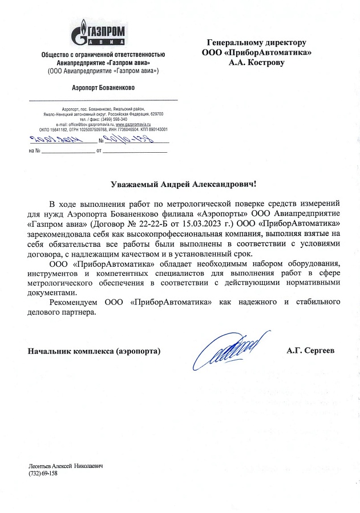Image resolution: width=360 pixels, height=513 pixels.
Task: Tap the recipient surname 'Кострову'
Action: point(269,63)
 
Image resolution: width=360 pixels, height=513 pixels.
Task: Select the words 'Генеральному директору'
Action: point(257,43)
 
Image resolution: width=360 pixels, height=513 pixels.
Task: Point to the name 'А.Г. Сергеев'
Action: point(311,351)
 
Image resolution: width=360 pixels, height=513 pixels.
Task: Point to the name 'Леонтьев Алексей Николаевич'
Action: point(65,466)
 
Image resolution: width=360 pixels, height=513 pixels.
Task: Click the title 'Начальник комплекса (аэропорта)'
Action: point(94,351)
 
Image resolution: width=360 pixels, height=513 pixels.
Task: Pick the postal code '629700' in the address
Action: point(156,115)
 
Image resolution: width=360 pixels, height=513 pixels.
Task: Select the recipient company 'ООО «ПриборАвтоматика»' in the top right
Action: point(257,52)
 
